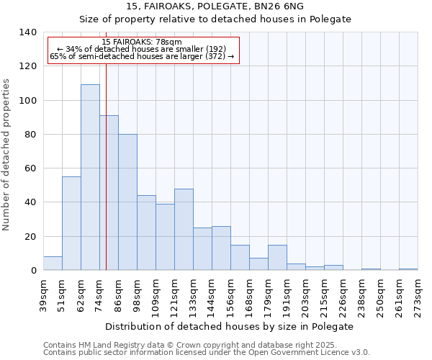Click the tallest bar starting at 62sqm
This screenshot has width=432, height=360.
click(90, 177)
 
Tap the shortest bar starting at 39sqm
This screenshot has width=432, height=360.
click(53, 264)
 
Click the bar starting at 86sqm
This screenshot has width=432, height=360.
click(127, 202)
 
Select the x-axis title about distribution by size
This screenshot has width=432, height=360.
click(234, 326)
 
